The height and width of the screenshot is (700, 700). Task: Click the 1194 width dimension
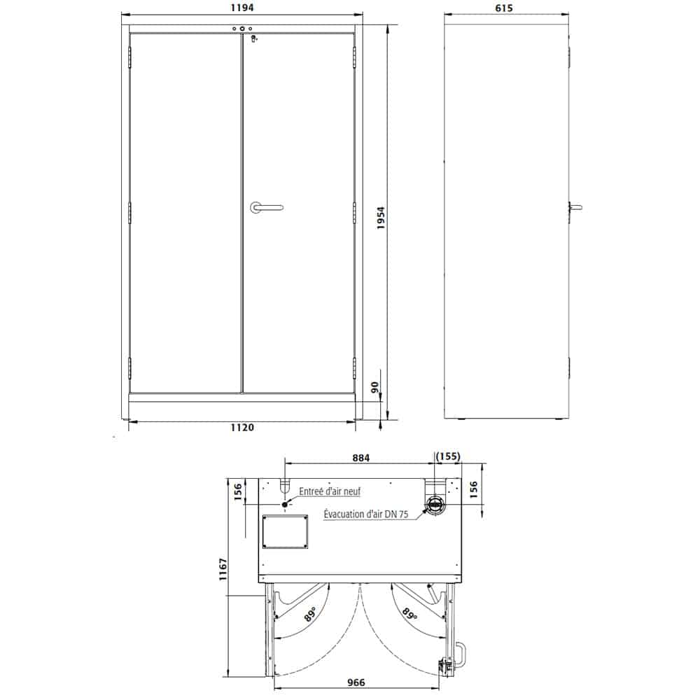pyautogui.click(x=242, y=8)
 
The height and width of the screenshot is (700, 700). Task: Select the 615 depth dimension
pyautogui.click(x=503, y=8)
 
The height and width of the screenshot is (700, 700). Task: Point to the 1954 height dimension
pyautogui.click(x=380, y=218)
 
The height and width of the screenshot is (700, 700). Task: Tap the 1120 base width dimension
pyautogui.click(x=242, y=427)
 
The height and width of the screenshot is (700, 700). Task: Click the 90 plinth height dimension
pyautogui.click(x=374, y=386)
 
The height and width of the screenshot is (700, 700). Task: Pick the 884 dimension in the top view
pyautogui.click(x=360, y=458)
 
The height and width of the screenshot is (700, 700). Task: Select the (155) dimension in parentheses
pyautogui.click(x=447, y=456)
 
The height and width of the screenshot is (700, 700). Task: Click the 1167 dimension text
pyautogui.click(x=223, y=569)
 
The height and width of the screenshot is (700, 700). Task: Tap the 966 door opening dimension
pyautogui.click(x=356, y=682)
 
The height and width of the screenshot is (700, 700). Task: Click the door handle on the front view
pyautogui.click(x=266, y=207)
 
